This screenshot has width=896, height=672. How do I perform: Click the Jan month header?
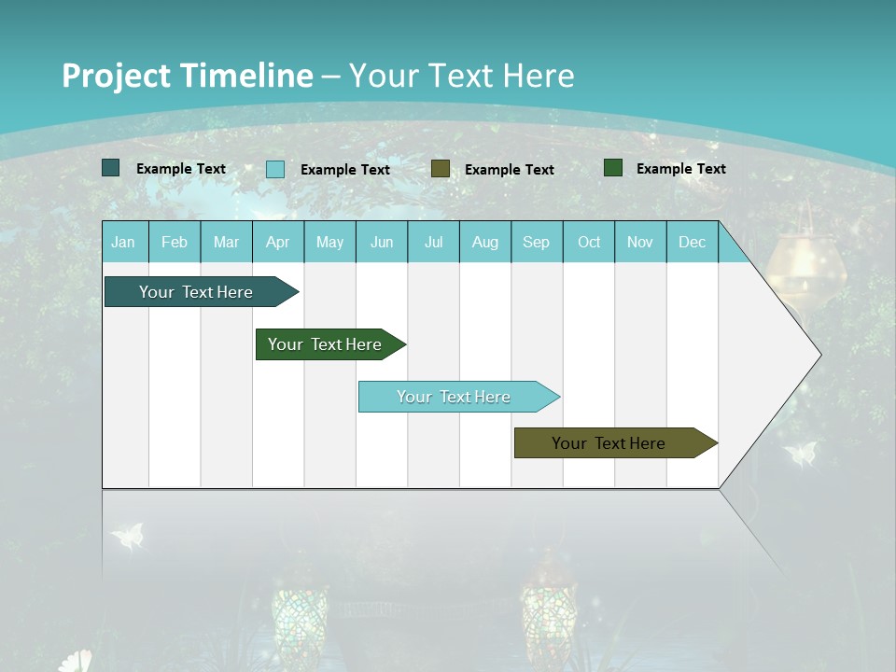pyautogui.click(x=123, y=243)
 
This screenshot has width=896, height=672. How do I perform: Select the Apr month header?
pyautogui.click(x=277, y=243)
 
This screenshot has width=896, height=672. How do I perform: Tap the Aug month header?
pyautogui.click(x=484, y=243)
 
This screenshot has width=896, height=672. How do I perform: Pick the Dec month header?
pyautogui.click(x=692, y=243)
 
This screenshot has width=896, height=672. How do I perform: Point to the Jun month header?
pyautogui.click(x=382, y=243)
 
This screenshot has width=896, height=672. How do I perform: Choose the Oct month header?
pyautogui.click(x=589, y=243)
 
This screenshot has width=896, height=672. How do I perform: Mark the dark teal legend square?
pyautogui.click(x=110, y=168)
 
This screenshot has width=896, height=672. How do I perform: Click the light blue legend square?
pyautogui.click(x=275, y=169)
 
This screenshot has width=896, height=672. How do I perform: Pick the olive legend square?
pyautogui.click(x=441, y=169)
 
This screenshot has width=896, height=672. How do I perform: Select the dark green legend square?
pyautogui.click(x=613, y=168)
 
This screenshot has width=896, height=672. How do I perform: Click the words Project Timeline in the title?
pyautogui.click(x=187, y=76)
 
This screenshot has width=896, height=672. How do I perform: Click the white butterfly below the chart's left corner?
pyautogui.click(x=128, y=537)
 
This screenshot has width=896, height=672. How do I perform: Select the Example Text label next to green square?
pyautogui.click(x=680, y=169)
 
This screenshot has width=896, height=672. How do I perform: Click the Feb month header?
pyautogui.click(x=175, y=243)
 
